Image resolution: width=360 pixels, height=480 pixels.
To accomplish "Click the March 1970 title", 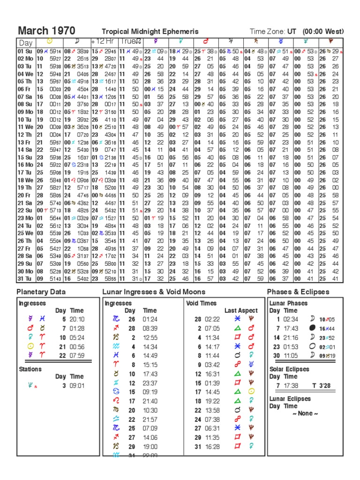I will (46, 31).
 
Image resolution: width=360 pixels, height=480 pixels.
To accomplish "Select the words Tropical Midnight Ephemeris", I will (147, 32).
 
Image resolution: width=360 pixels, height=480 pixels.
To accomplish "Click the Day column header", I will (25, 43).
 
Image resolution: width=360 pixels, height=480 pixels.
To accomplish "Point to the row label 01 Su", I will (25, 51).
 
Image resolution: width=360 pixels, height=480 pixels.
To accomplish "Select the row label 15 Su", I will (25, 157).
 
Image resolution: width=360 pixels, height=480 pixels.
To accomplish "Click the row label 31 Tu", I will (25, 278).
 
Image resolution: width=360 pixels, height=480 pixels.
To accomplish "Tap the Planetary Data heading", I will (41, 292).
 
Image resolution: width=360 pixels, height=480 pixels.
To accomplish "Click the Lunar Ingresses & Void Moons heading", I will (154, 292).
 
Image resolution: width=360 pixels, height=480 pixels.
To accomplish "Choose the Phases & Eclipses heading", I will (298, 292).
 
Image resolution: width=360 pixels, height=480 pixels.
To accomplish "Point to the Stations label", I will (30, 369).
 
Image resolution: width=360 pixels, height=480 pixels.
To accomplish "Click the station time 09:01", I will (77, 386).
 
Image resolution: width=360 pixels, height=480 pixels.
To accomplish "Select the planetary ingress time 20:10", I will (77, 319).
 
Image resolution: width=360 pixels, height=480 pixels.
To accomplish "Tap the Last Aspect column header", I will (240, 310).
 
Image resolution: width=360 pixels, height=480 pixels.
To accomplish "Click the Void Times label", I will (202, 303).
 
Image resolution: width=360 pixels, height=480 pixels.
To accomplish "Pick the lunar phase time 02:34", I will (291, 319).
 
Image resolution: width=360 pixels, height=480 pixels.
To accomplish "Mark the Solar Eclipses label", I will (289, 369).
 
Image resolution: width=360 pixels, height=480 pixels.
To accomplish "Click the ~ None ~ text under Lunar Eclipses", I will (305, 413).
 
